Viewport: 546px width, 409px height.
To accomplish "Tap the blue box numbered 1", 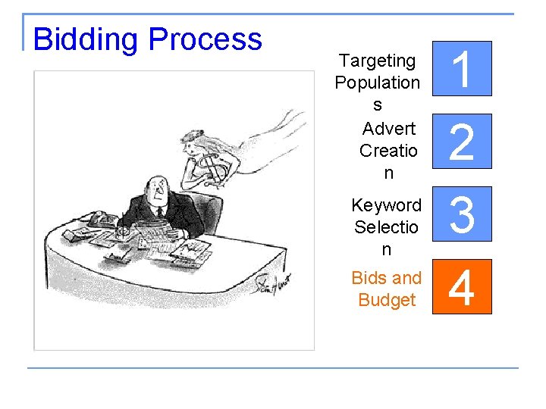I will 463,69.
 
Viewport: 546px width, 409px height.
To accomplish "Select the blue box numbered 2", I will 463,142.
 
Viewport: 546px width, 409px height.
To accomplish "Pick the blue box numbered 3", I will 463,214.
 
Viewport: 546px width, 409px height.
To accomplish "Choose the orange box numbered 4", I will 463,286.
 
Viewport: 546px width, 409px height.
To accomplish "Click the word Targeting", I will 378,61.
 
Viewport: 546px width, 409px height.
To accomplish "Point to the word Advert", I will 388,128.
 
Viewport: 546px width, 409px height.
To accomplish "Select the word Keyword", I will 386,205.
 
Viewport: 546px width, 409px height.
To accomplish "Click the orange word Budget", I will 387,300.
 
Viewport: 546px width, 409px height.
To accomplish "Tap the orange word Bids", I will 368,278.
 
